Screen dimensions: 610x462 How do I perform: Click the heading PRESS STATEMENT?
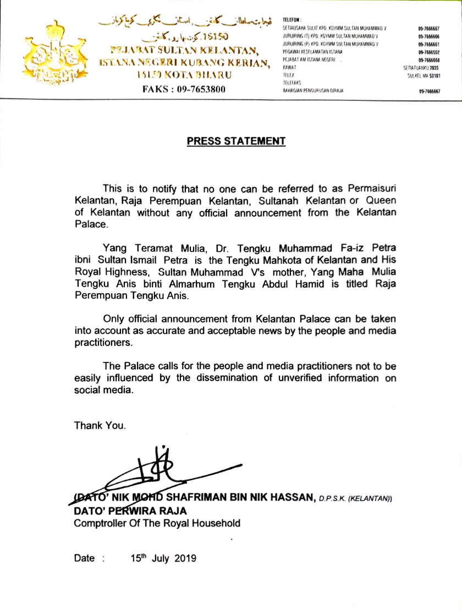coord(236,141)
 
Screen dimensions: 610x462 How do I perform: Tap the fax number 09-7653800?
coord(184,89)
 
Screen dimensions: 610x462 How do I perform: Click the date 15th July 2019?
coord(163,558)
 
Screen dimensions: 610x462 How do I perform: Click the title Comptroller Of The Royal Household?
coord(157,523)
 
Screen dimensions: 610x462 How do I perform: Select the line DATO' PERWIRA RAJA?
coord(130,511)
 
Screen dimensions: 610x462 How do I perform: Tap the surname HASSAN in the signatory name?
coord(290,498)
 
